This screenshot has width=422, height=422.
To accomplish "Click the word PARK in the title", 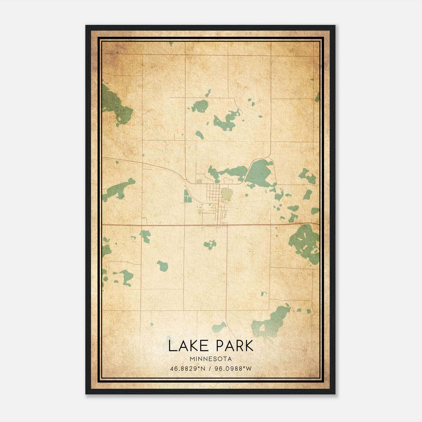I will tap(234, 346).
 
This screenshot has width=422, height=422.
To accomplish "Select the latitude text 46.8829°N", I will tap(188, 368).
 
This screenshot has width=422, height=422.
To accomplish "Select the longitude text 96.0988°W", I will tap(233, 368).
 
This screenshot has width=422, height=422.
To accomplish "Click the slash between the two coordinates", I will tap(210, 368).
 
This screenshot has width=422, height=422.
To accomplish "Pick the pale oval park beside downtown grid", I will tap(226, 194).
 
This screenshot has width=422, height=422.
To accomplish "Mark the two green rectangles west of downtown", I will tap(186, 196).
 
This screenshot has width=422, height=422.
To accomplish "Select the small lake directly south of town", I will tap(210, 244).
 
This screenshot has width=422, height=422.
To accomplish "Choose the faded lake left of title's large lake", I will tap(219, 327).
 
